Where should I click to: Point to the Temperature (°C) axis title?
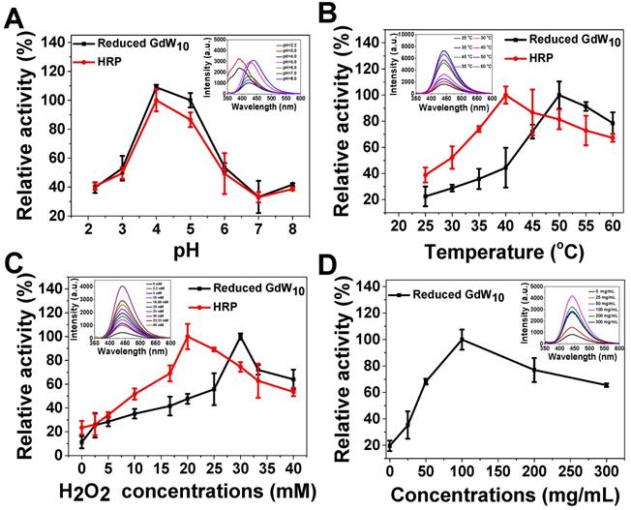point(492,255)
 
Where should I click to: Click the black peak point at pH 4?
point(155,87)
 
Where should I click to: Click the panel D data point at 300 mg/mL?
point(606,385)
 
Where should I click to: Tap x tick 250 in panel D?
point(569,468)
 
